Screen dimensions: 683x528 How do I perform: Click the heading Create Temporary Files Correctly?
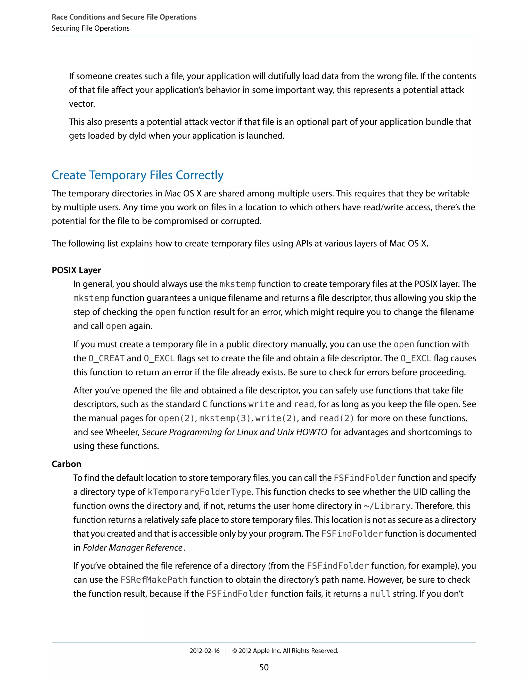[x=137, y=175]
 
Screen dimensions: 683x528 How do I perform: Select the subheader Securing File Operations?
[x=90, y=28]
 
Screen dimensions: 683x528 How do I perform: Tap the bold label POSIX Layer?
[x=76, y=270]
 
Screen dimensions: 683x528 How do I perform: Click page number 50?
[x=264, y=667]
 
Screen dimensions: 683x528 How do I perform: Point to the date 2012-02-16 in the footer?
[x=204, y=651]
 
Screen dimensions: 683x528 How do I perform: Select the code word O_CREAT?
[x=106, y=359]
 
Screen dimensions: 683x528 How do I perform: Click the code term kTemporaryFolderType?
[x=199, y=492]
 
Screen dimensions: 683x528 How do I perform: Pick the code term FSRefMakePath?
[x=154, y=580]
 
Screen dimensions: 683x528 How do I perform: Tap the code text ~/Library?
[x=387, y=506]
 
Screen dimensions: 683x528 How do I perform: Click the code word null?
[x=380, y=594]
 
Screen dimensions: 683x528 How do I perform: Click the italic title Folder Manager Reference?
[x=132, y=548]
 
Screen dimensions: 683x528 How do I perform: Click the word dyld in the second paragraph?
[x=137, y=136]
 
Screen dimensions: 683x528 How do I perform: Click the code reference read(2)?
[x=336, y=418]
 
